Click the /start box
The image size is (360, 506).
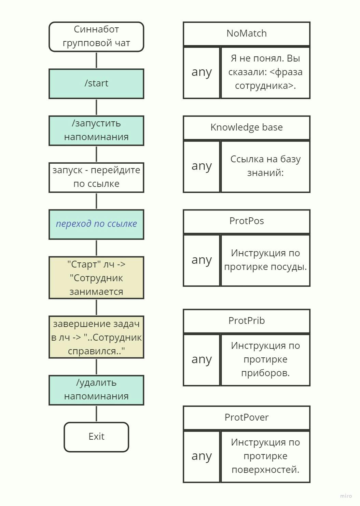coord(96,84)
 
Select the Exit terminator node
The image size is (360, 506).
coord(96,437)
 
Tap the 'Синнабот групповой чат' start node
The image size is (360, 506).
coord(96,37)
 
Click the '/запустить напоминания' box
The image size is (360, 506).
coord(96,131)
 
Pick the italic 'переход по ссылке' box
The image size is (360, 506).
coord(96,224)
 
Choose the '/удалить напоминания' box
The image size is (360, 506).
coord(96,390)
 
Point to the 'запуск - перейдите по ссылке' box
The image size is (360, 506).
coord(96,177)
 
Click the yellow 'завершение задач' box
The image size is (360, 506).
coord(96,337)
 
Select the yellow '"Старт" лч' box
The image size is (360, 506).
coord(96,277)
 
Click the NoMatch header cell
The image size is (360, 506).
coord(246,34)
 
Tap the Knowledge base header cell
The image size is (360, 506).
coord(246,128)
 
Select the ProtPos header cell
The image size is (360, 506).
coord(246,221)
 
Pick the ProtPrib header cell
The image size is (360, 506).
coord(246,321)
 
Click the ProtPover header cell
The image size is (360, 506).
coord(246,418)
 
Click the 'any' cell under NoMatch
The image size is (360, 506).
coord(202,72)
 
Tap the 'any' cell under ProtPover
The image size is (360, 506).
coord(202,456)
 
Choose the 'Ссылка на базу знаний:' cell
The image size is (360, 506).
coord(265,166)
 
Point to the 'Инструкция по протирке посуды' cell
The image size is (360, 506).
coord(265,260)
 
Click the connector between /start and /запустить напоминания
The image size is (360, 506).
coord(96,107)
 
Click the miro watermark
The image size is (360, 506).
coord(346,496)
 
